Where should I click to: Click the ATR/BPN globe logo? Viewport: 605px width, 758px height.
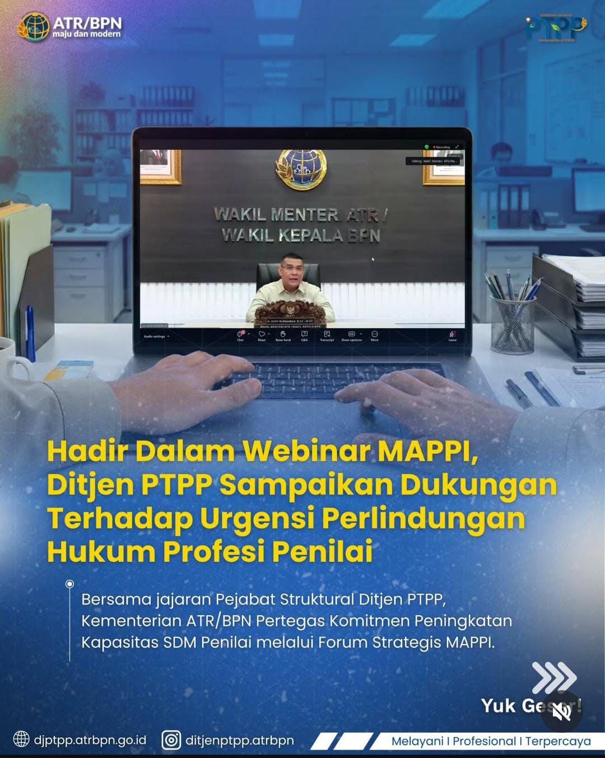point(34,27)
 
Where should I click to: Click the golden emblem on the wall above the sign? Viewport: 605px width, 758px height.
point(301,168)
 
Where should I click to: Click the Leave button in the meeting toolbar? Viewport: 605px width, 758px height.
point(452,335)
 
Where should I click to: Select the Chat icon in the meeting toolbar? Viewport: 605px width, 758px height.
point(240,335)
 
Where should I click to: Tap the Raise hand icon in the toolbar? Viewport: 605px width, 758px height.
point(283,335)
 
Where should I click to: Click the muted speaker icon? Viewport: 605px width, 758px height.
point(562,712)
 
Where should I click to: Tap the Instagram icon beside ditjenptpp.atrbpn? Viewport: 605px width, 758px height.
point(171,740)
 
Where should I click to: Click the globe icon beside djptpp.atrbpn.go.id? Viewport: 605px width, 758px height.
point(21,740)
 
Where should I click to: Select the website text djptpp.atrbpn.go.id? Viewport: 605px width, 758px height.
point(90,740)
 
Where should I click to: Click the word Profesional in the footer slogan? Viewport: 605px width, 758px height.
point(484,741)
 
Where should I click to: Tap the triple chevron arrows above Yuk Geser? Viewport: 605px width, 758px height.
point(553,677)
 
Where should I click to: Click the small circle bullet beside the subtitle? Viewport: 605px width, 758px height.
point(69,584)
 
